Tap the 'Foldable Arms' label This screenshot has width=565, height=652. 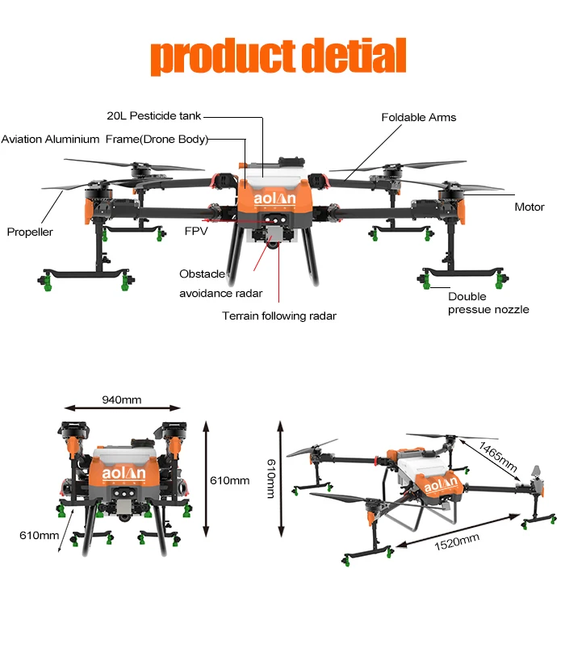(418, 118)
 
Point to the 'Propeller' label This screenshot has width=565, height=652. (30, 232)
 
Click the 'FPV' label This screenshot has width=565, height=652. (196, 232)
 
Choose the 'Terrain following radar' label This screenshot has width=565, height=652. (278, 316)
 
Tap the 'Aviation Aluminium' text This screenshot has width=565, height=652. (50, 140)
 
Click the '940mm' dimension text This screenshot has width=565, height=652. (122, 399)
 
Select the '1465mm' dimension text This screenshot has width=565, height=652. (497, 458)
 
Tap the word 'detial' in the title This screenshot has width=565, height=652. (353, 56)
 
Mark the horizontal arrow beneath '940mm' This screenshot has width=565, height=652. (122, 411)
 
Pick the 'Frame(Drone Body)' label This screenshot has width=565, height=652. (157, 140)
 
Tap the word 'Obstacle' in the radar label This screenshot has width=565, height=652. (202, 274)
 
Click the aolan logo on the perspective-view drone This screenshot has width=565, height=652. (441, 486)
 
